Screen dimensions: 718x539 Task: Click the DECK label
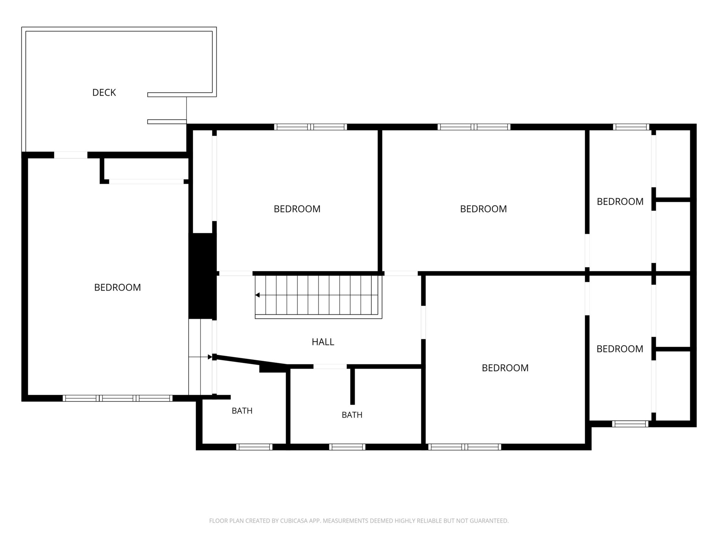pyautogui.click(x=104, y=93)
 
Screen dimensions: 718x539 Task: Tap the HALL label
pyautogui.click(x=323, y=342)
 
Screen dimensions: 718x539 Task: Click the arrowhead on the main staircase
pyautogui.click(x=257, y=295)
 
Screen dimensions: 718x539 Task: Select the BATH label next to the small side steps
pyautogui.click(x=242, y=411)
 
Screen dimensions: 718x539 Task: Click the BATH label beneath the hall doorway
pyautogui.click(x=352, y=415)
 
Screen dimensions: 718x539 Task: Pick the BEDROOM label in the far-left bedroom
pyautogui.click(x=117, y=287)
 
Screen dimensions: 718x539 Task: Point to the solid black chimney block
pyautogui.click(x=203, y=276)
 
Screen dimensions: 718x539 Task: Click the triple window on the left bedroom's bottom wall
pyautogui.click(x=117, y=398)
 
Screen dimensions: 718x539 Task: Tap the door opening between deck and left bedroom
pyautogui.click(x=70, y=155)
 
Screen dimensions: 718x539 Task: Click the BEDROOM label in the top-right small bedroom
pyautogui.click(x=620, y=202)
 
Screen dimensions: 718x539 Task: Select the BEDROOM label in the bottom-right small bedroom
pyautogui.click(x=620, y=349)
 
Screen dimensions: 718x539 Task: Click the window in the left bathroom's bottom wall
pyautogui.click(x=254, y=447)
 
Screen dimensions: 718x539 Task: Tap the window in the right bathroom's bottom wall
pyautogui.click(x=347, y=447)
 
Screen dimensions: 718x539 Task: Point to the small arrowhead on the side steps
pyautogui.click(x=210, y=357)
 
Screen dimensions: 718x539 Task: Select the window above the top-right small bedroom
pyautogui.click(x=631, y=127)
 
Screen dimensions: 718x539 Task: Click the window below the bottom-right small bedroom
pyautogui.click(x=630, y=424)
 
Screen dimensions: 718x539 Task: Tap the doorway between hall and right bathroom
pyautogui.click(x=330, y=367)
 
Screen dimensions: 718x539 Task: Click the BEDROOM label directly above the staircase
pyautogui.click(x=297, y=209)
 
